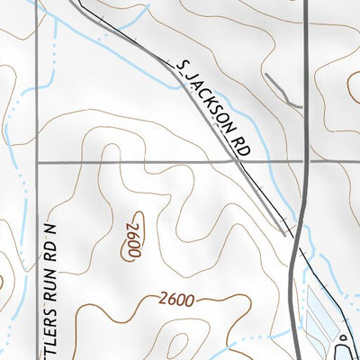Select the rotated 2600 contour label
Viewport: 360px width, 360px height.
(x=133, y=240)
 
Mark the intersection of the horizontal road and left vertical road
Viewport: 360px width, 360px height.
(x=37, y=162)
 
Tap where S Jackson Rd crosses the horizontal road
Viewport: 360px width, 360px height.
(x=250, y=162)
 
